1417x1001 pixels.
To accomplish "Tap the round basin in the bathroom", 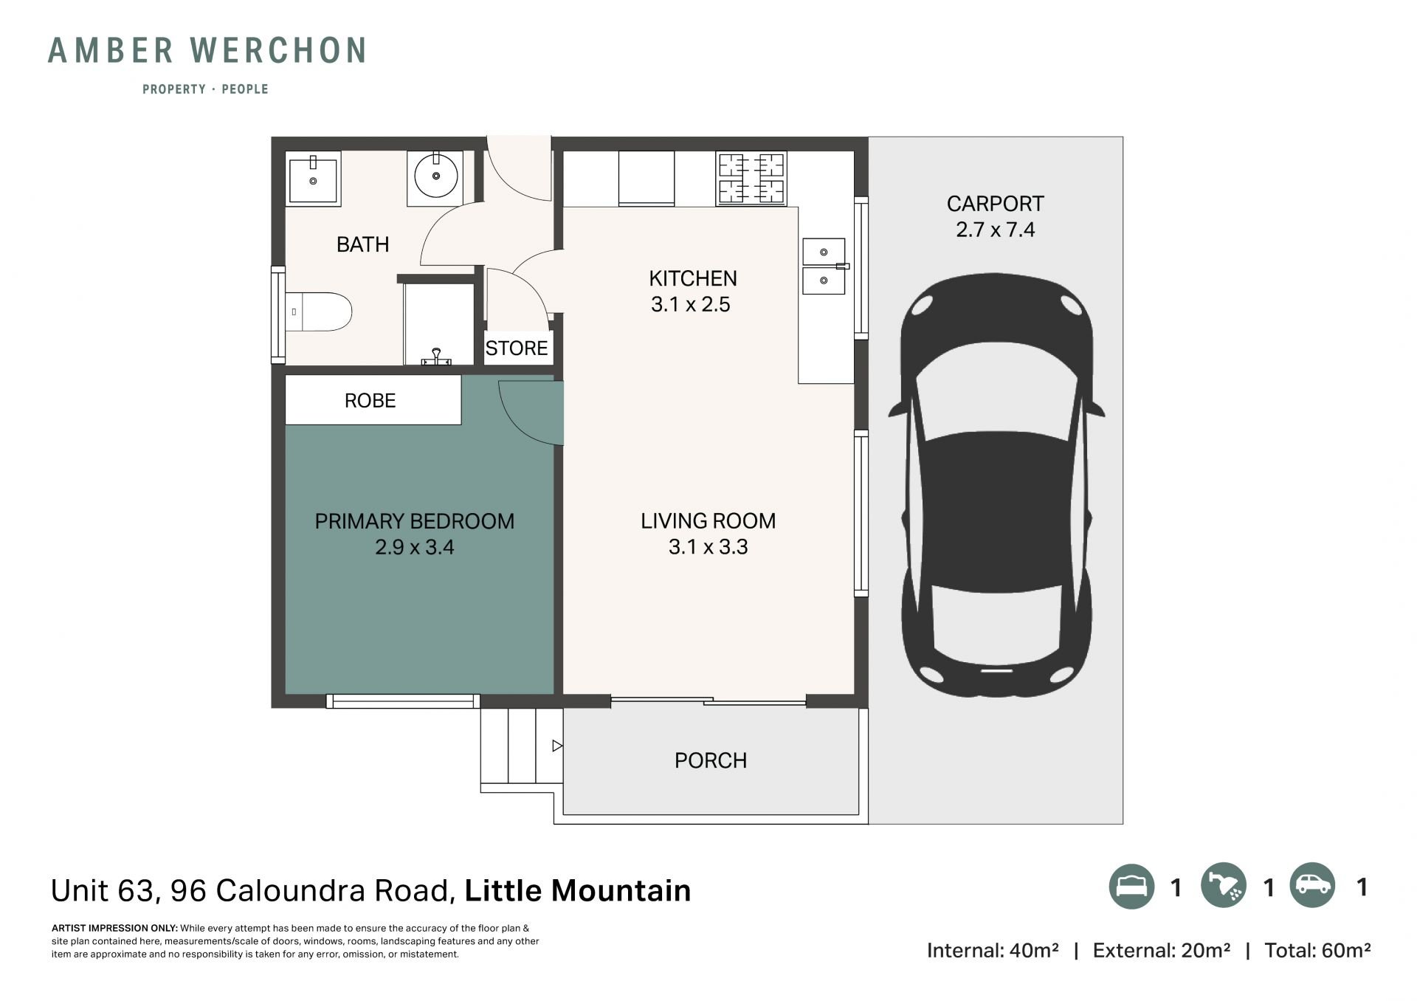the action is pos(436,176).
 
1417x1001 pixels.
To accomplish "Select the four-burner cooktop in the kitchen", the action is pos(751,178).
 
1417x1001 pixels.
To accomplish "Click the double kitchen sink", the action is pos(824,266).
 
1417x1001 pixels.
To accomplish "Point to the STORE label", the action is pos(517,348).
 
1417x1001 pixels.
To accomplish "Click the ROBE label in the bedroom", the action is pos(370,400).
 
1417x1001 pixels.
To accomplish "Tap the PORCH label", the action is pos(711,760).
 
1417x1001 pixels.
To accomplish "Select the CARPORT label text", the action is pos(995,204).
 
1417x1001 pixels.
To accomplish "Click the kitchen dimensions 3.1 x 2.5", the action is pos(690,304).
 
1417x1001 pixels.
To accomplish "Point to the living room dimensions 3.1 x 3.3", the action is pos(708,547).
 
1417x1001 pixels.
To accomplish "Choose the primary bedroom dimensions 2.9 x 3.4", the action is pos(414,547).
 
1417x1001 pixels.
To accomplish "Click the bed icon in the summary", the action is pos(1131,886).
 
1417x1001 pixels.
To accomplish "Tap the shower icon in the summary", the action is pos(1224,886).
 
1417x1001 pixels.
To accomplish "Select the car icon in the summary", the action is pos(1313,885).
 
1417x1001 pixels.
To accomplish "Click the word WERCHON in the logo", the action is pos(278,50).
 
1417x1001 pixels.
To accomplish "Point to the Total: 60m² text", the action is pos(1317,950).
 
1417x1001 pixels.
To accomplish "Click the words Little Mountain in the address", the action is pos(578,890).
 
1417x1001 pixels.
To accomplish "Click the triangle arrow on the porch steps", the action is pos(558,746).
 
